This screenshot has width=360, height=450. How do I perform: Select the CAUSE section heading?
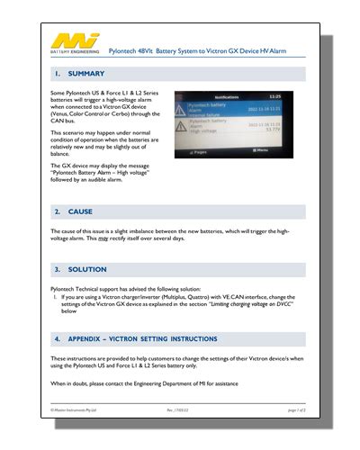(x=80, y=211)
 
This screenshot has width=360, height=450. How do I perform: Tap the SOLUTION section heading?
(x=88, y=269)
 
